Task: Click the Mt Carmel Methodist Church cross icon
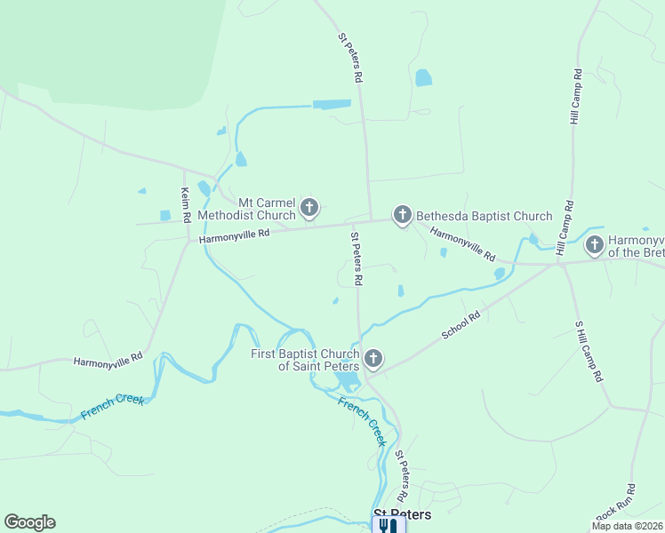click(x=309, y=209)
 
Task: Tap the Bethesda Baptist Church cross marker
click(x=403, y=215)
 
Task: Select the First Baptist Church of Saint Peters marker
click(x=373, y=359)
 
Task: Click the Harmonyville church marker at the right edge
click(x=593, y=244)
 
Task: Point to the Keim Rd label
click(x=186, y=205)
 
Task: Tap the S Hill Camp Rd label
click(x=589, y=351)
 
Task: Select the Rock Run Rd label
click(x=615, y=503)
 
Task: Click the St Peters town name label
click(x=402, y=514)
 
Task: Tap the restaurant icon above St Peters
click(x=388, y=526)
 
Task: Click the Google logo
click(x=29, y=522)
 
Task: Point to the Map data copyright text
click(x=627, y=526)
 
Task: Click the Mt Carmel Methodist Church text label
click(x=246, y=209)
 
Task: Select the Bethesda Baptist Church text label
click(x=485, y=216)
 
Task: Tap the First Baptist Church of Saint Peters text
click(x=305, y=360)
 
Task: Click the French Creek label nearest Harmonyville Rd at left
click(x=112, y=407)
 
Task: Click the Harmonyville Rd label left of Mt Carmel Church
click(x=234, y=235)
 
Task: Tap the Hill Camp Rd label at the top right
click(x=574, y=96)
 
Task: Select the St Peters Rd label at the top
click(x=350, y=59)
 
